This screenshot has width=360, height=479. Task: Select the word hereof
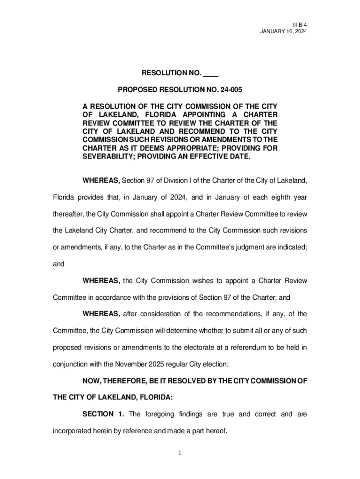(216, 431)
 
